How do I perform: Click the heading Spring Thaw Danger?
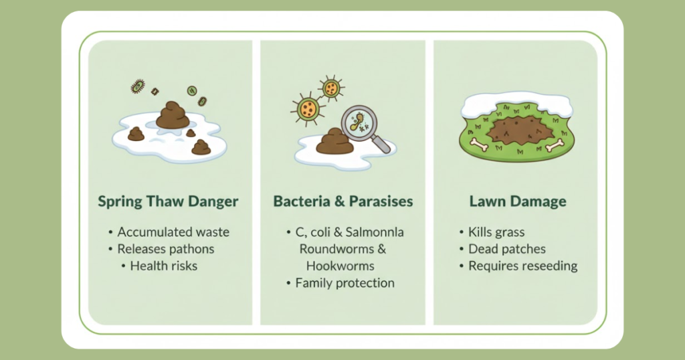(168, 201)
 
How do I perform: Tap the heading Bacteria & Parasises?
(343, 201)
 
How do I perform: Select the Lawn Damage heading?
(518, 201)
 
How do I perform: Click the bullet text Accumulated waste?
(173, 232)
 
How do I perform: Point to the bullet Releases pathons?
(166, 249)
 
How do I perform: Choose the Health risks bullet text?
(164, 266)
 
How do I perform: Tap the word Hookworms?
(340, 266)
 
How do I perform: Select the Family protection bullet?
(345, 283)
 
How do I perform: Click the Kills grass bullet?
(496, 232)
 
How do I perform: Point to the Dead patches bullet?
(507, 249)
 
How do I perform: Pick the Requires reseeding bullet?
(523, 266)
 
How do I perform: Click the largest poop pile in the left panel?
(173, 115)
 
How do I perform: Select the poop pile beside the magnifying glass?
(334, 142)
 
